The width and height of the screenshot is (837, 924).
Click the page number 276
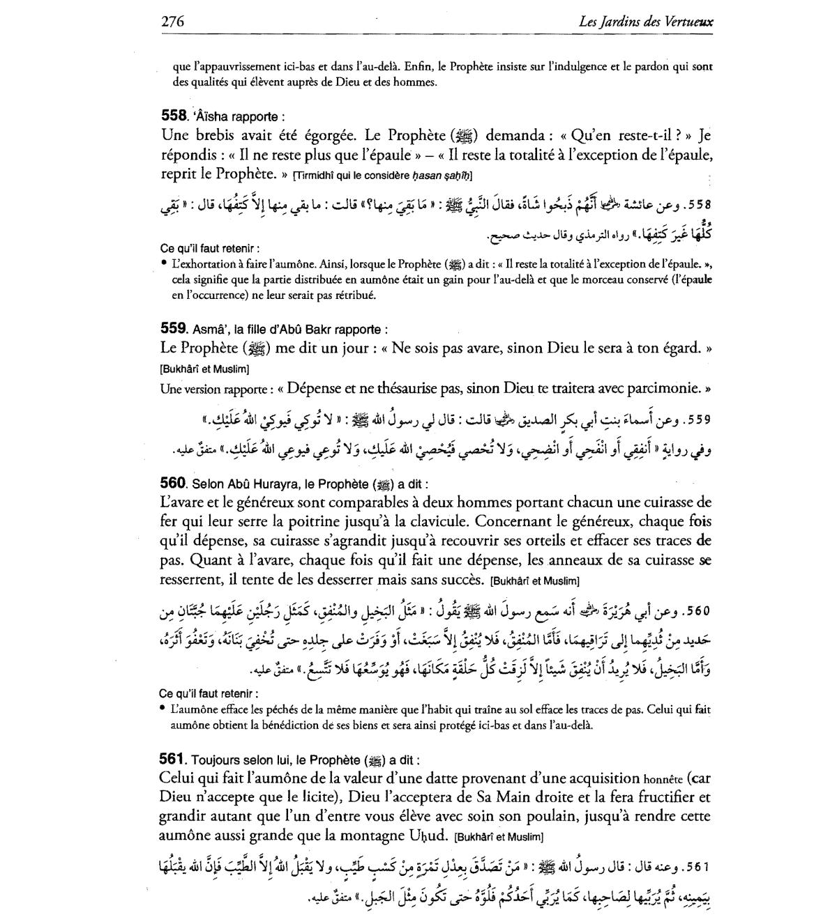[x=172, y=22]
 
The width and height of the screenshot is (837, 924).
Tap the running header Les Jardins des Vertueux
[x=646, y=22]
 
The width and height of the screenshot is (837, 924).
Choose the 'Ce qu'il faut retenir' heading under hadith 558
[x=210, y=248]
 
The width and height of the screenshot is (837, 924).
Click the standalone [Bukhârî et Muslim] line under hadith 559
[x=204, y=369]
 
